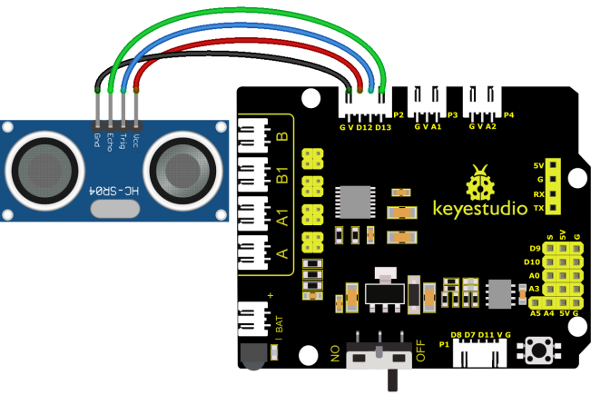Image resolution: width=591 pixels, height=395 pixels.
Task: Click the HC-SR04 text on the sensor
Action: click(113, 191)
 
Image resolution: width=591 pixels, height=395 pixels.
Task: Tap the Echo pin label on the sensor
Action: click(110, 142)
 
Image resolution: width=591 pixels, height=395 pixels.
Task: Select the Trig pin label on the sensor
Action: click(123, 141)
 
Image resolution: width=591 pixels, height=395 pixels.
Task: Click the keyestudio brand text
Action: click(480, 209)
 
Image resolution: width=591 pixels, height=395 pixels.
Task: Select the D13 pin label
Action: click(383, 127)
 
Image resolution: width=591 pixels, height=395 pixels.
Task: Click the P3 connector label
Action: click(452, 115)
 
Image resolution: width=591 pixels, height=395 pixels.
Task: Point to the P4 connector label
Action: click(508, 115)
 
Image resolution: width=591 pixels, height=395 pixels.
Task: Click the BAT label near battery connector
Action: click(279, 324)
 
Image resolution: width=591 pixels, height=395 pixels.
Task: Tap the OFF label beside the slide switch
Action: click(420, 351)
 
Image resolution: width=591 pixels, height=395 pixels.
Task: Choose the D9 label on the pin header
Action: click(536, 249)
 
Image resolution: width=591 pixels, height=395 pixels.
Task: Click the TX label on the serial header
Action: click(539, 208)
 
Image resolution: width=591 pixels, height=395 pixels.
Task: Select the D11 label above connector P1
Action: click(486, 335)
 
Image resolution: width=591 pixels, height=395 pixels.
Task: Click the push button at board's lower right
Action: click(538, 351)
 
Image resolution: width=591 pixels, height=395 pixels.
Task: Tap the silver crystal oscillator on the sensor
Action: click(115, 209)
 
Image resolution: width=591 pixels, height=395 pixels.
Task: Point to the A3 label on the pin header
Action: click(534, 289)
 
